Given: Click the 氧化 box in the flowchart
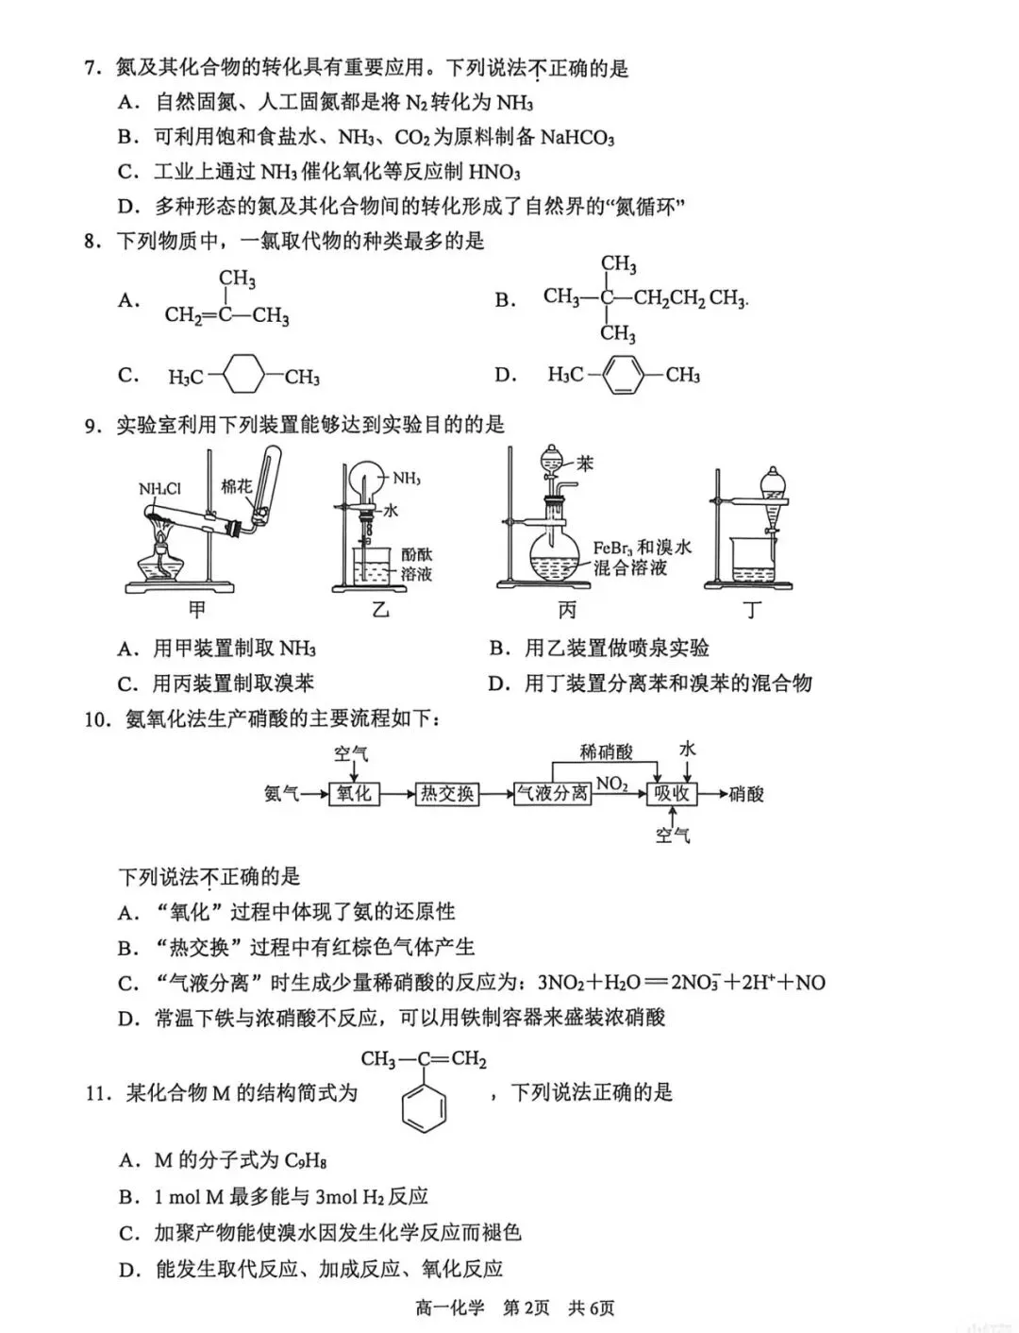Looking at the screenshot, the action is [354, 794].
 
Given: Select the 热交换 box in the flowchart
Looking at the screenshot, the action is [446, 794].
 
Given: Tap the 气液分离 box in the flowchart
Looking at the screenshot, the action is [552, 794].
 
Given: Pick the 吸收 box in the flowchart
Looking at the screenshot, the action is [672, 794].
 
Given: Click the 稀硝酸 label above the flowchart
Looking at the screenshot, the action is [606, 752].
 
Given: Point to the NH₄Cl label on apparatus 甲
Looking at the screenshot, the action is [159, 489].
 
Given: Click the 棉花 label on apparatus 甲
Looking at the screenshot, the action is [236, 486].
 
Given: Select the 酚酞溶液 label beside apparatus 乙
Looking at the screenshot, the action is [416, 564].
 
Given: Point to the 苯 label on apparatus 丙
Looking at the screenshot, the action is [585, 464].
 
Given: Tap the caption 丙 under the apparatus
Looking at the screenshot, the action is [566, 611].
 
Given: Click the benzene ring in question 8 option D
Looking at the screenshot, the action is [624, 375].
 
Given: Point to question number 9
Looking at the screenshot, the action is [92, 426].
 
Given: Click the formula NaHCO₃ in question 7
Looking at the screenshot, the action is [577, 138].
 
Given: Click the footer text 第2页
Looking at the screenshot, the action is [526, 1308].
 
